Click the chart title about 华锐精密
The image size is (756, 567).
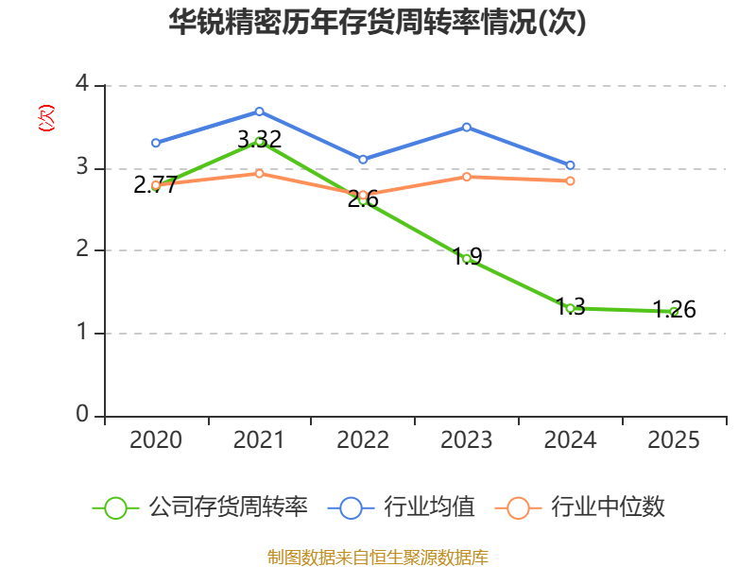pos(378,23)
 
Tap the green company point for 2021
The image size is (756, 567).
pos(259,142)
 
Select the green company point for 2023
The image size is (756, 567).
pos(467,258)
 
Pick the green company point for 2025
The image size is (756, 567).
pos(674,311)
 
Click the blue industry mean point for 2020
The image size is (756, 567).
pos(156,143)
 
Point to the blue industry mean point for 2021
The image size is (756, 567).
pos(259,112)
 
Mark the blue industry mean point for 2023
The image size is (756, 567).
pos(467,127)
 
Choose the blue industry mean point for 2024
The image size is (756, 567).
pos(570,165)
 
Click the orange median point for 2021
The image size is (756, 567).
pos(259,173)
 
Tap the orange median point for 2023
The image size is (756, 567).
pos(467,177)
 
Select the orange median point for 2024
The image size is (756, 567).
pos(570,180)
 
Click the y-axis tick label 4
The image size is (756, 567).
pos(82,84)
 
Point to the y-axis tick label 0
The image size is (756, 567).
pos(82,415)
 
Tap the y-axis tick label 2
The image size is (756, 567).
pos(82,249)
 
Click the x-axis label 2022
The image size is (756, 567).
pos(363,440)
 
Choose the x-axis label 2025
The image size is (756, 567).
pos(674,440)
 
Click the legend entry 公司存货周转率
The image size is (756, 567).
pos(200,507)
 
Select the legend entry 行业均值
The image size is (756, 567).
pos(401,507)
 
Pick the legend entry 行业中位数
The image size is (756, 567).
pos(580,507)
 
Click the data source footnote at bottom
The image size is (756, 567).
pos(378,557)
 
